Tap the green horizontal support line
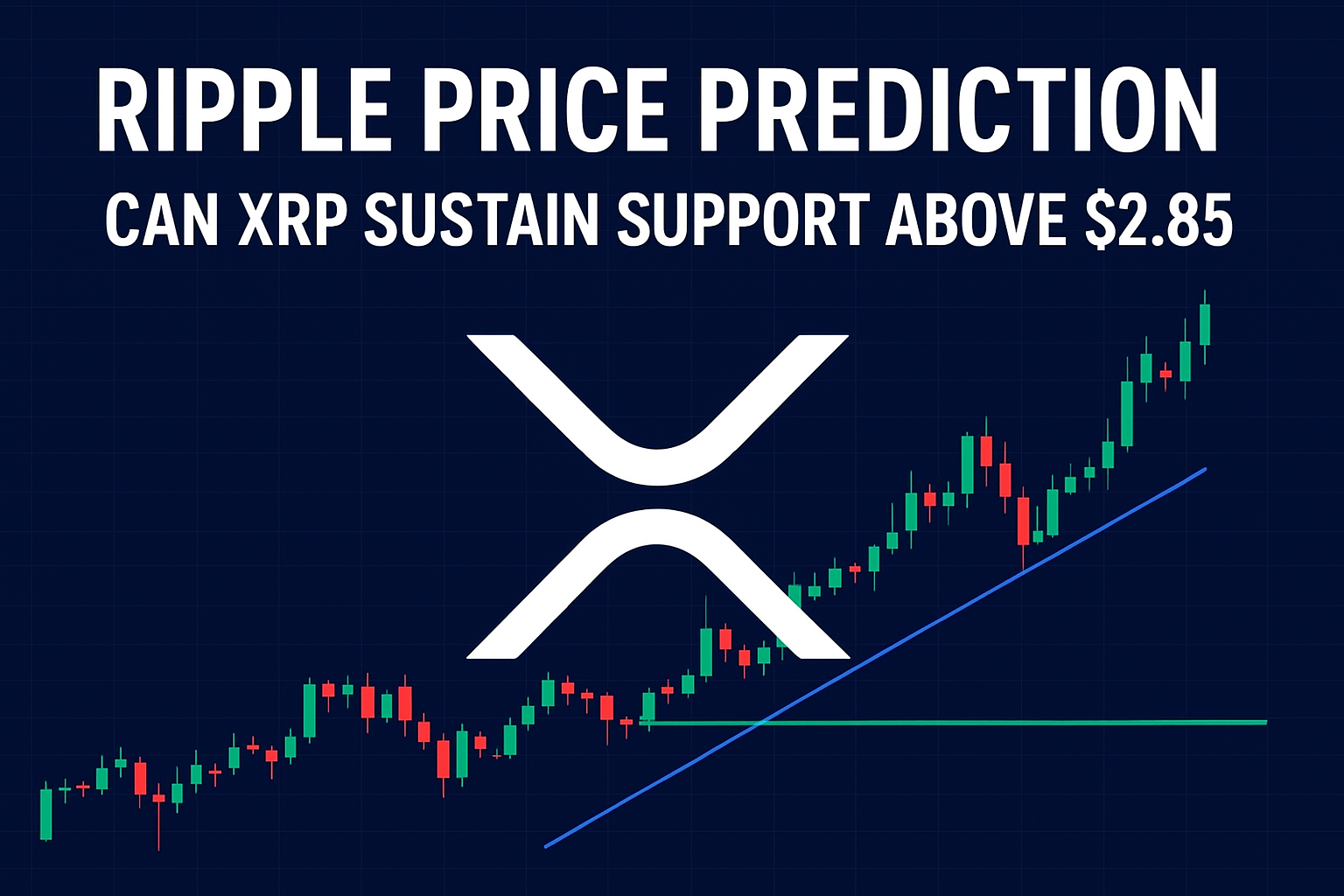click(x=1006, y=723)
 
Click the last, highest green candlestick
click(x=1205, y=325)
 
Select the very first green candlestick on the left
click(x=46, y=814)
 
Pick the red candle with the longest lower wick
click(x=158, y=798)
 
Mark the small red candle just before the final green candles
click(x=1165, y=374)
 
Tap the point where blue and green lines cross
click(x=763, y=722)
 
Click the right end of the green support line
click(x=1264, y=723)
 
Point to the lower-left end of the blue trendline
click(x=547, y=845)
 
